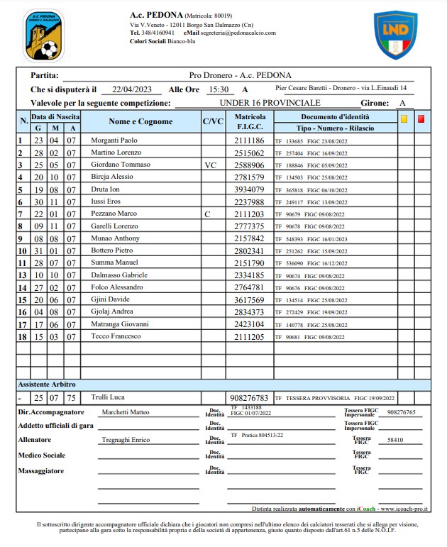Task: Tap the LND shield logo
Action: [x=395, y=34]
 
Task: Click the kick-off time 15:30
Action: [x=218, y=89]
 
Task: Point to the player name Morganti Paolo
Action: [x=114, y=140]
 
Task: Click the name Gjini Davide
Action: [x=110, y=299]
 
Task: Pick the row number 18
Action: [x=22, y=336]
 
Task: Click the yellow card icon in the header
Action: [x=404, y=119]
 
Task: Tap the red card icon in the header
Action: [x=421, y=119]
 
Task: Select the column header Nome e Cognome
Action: [x=140, y=121]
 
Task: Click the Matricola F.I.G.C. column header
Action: [x=250, y=121]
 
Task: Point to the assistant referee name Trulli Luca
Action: [x=107, y=397]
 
